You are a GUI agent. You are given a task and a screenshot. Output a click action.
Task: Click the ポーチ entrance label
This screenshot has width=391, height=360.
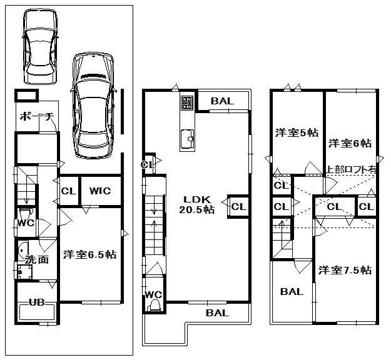pyautogui.click(x=38, y=117)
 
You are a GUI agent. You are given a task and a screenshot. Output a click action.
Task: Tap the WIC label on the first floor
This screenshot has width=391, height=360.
pyautogui.click(x=99, y=191)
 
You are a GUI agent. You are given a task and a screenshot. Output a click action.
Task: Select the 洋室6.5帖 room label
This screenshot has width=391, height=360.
pyautogui.click(x=89, y=255)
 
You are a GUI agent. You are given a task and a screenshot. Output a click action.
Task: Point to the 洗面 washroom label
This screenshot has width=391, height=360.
pyautogui.click(x=36, y=259)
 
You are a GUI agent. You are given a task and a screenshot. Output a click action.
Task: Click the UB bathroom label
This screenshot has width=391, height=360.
pyautogui.click(x=37, y=302)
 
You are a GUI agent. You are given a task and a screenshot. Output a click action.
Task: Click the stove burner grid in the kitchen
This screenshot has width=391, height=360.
pyautogui.click(x=188, y=103)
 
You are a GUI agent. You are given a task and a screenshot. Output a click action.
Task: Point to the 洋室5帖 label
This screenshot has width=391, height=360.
pyautogui.click(x=297, y=132)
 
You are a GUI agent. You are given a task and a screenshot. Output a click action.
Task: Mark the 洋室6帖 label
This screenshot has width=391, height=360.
pyautogui.click(x=350, y=142)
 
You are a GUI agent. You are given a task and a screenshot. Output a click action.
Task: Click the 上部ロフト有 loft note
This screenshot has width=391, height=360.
pyautogui.click(x=351, y=169)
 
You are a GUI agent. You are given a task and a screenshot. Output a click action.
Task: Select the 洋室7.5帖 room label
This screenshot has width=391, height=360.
pyautogui.click(x=344, y=270)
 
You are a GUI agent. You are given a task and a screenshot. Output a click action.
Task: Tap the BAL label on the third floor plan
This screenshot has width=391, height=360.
pyautogui.click(x=292, y=292)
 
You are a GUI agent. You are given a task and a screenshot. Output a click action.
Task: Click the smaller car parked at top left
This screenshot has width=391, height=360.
pyautogui.click(x=41, y=47)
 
